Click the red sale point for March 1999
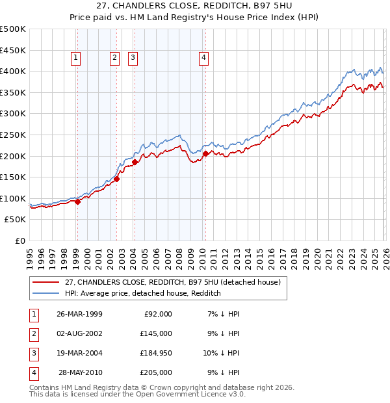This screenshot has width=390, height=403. pyautogui.click(x=77, y=201)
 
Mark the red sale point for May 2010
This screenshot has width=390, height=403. pyautogui.click(x=205, y=154)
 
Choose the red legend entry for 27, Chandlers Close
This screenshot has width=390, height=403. pyautogui.click(x=172, y=282)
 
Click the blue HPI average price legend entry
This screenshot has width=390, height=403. pyautogui.click(x=143, y=293)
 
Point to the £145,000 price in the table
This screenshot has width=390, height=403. pyautogui.click(x=156, y=333)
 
